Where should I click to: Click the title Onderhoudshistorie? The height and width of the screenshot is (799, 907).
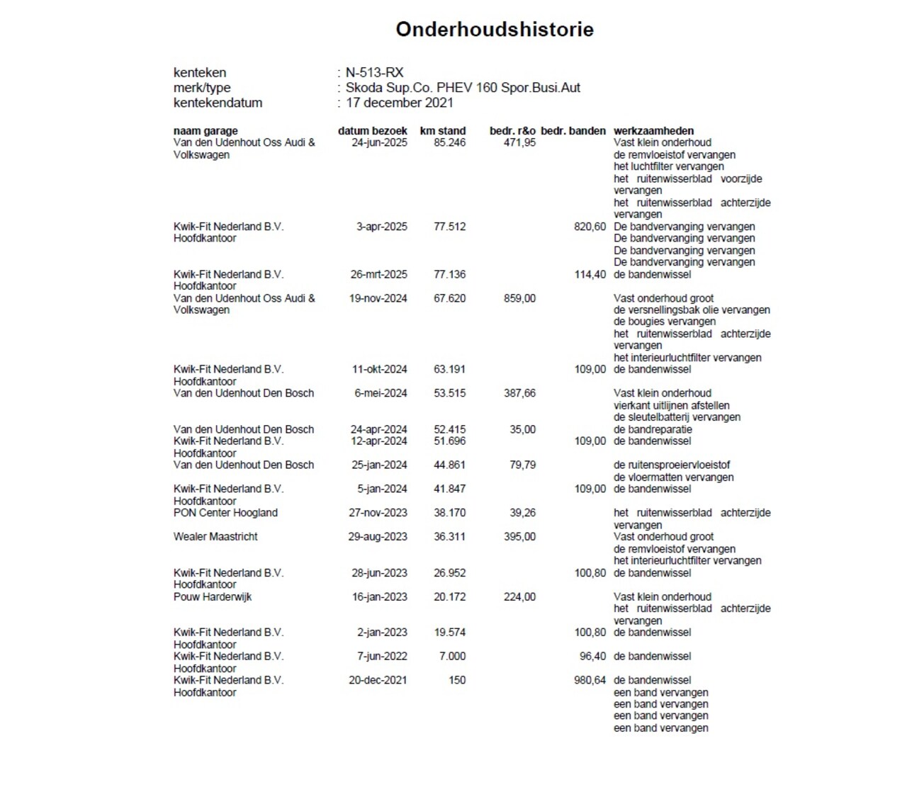(x=494, y=29)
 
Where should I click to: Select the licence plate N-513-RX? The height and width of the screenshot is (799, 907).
(x=374, y=72)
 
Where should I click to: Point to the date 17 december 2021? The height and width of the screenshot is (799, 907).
(x=400, y=103)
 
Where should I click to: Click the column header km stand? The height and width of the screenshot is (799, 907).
(x=443, y=130)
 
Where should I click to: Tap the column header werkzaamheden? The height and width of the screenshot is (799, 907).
(x=653, y=130)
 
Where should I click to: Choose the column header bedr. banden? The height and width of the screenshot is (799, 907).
(x=573, y=130)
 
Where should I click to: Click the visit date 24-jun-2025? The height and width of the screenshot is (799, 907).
(x=379, y=142)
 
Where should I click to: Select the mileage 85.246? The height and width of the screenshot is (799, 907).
(x=450, y=142)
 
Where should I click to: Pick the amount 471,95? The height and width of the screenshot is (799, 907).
(x=519, y=142)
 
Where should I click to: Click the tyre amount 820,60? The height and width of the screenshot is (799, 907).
(x=590, y=227)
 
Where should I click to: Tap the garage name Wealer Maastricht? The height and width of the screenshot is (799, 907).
(x=215, y=537)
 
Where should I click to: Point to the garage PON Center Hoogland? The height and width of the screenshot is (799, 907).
(x=225, y=513)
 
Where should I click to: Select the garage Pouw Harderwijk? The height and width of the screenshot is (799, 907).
(x=213, y=597)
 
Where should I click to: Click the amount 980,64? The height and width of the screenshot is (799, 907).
(x=590, y=680)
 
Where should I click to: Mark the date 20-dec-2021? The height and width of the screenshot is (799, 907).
(x=378, y=680)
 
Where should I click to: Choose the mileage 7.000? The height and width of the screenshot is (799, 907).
(x=452, y=657)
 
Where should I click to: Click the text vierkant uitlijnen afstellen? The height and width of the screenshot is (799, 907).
(x=672, y=405)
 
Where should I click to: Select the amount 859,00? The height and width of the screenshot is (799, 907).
(x=519, y=298)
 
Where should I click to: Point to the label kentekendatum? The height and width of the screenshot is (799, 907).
(x=218, y=103)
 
